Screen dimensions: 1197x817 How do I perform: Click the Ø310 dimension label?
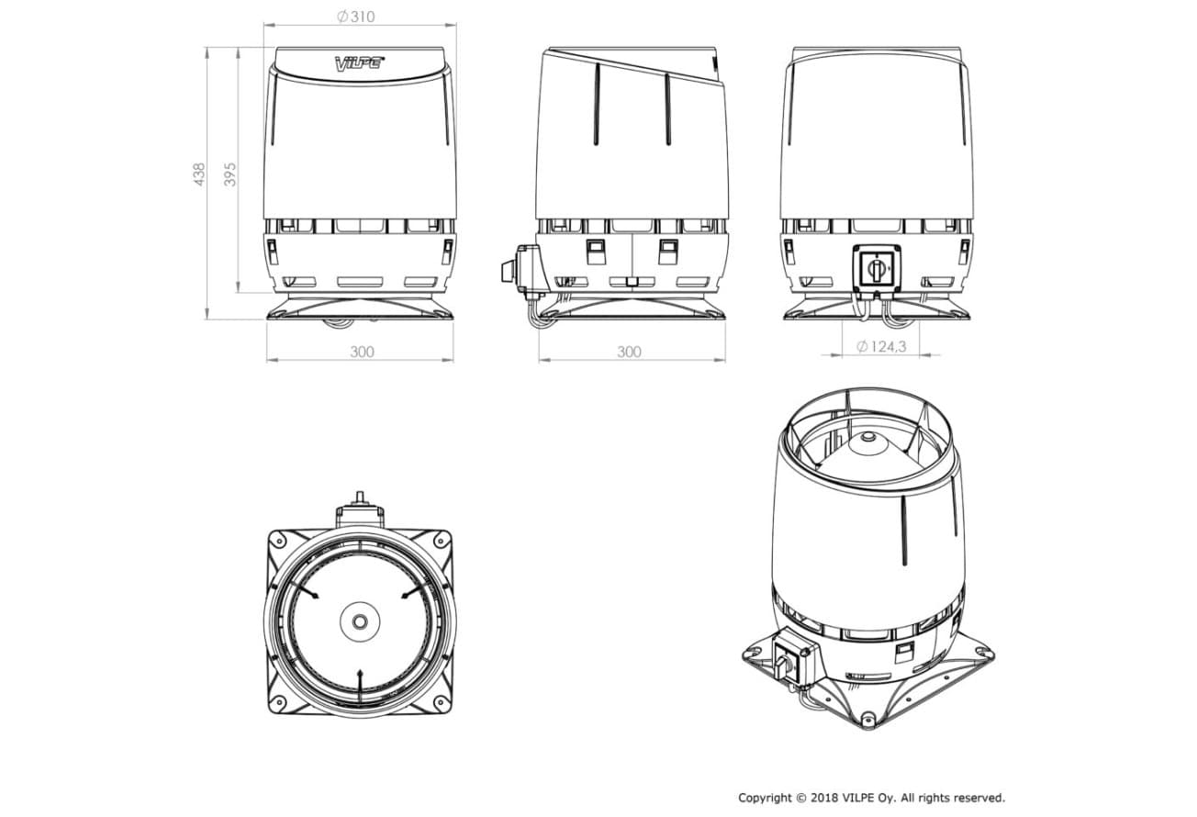point(356,17)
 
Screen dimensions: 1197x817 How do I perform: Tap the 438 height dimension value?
point(199,174)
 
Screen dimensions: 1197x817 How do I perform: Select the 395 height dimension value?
point(229,174)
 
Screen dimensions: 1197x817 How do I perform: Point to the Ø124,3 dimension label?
point(881,347)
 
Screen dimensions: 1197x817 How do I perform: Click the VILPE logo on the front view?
point(359,63)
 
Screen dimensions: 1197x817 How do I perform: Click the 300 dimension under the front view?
point(362,352)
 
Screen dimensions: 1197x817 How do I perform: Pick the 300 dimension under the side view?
point(629,352)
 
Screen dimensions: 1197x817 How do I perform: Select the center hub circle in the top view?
point(360,621)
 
